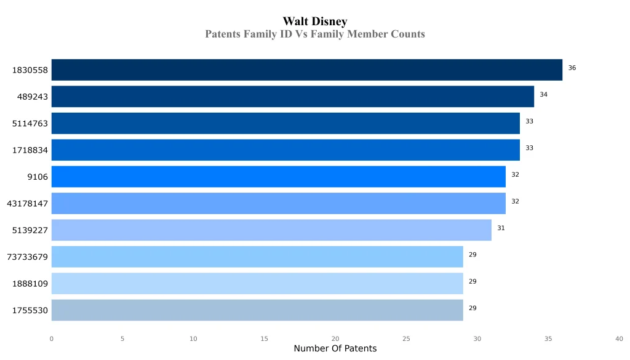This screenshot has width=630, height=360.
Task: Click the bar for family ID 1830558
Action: [306, 70]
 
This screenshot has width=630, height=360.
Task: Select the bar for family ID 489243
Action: [292, 97]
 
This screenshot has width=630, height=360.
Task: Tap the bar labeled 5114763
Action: [285, 123]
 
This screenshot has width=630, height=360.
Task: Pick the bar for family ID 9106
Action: [278, 177]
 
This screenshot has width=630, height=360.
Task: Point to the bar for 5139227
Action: [271, 230]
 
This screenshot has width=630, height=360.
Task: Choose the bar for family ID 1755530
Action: [257, 310]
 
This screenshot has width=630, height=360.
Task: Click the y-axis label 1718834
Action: [30, 150]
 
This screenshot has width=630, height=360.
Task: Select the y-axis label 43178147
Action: [27, 204]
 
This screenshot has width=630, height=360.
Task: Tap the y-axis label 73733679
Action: [27, 257]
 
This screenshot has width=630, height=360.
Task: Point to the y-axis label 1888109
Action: [30, 284]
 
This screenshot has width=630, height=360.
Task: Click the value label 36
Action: [572, 68]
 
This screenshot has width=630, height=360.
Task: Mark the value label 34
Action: [544, 95]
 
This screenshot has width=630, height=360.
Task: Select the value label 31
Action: [501, 228]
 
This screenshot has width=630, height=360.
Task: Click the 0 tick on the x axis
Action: [51, 338]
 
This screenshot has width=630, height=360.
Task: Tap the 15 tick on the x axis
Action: [265, 338]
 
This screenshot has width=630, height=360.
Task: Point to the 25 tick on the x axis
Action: [406, 338]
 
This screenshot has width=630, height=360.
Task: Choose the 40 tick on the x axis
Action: [619, 338]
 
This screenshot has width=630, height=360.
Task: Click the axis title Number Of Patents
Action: [335, 349]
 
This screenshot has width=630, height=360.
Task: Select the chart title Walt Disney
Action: [315, 22]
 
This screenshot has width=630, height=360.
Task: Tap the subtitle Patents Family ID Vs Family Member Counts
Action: [315, 34]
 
